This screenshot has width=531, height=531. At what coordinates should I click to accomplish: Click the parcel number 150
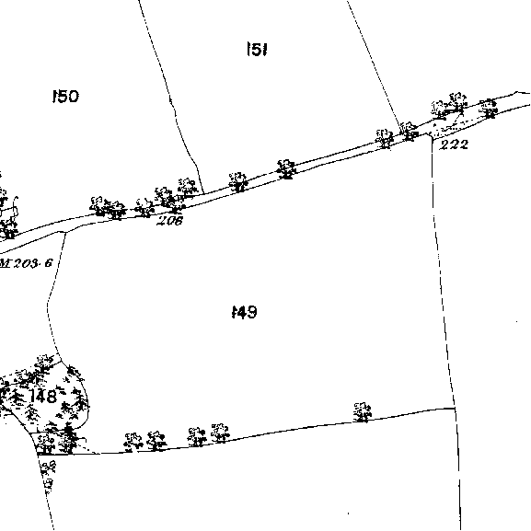(65, 97)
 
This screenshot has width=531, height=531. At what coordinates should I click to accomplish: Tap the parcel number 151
(258, 50)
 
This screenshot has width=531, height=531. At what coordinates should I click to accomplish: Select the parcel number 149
(245, 312)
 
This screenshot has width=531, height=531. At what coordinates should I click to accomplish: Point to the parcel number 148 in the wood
(43, 396)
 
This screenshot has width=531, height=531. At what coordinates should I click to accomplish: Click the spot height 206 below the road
(170, 221)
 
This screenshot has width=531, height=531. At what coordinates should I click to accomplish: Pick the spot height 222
(454, 144)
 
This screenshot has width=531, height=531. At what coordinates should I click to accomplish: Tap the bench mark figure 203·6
(33, 263)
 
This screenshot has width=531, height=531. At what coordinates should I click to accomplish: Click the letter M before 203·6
(6, 263)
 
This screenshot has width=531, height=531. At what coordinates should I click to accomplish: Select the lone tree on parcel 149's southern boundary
(363, 412)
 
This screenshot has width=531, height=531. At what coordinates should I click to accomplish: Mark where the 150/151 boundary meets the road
(203, 193)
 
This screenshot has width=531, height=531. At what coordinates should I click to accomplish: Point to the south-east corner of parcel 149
(455, 409)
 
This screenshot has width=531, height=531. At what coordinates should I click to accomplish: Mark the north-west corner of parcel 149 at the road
(65, 232)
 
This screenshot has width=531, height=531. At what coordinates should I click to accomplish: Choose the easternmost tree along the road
(489, 108)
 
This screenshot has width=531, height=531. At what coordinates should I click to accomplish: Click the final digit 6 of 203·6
(50, 263)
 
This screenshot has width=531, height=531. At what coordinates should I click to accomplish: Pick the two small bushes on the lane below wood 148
(48, 475)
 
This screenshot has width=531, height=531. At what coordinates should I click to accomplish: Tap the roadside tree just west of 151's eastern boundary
(385, 138)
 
